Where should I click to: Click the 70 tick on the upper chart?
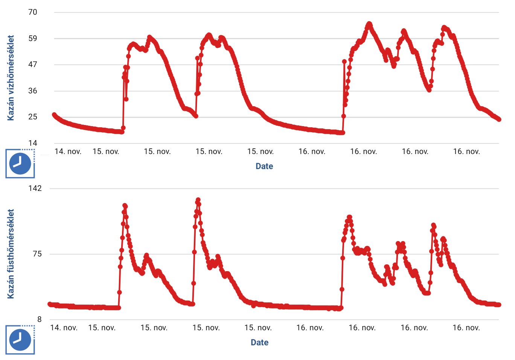click(33, 12)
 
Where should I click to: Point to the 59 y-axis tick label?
click(33, 38)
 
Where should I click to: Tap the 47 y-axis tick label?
click(33, 64)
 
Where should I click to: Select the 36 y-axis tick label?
click(33, 91)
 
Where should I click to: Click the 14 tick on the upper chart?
click(33, 143)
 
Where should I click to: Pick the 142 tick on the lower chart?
click(35, 188)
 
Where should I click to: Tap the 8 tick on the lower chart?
click(40, 319)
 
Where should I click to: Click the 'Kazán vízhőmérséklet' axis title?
click(11, 78)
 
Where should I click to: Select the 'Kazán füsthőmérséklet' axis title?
click(11, 254)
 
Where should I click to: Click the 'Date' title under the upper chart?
click(264, 166)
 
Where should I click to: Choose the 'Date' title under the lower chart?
click(260, 342)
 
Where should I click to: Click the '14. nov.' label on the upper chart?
click(68, 151)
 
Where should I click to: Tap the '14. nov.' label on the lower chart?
click(64, 328)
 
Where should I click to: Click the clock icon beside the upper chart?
click(20, 163)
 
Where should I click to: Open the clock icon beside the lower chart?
click(20, 340)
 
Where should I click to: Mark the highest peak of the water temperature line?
click(369, 24)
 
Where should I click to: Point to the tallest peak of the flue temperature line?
click(198, 200)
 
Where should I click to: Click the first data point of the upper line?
click(54, 114)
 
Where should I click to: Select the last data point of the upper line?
click(499, 119)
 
